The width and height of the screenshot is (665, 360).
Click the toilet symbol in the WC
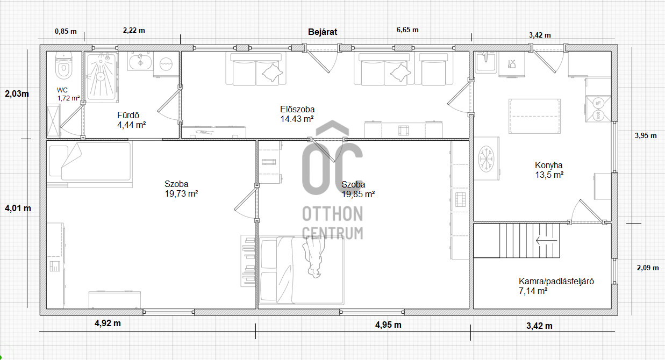point(63,66)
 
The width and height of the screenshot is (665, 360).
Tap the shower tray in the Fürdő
point(101,77)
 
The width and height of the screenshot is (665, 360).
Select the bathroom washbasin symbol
point(140,61)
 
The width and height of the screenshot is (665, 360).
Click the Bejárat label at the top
point(323,32)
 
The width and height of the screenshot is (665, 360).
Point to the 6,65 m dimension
point(407,30)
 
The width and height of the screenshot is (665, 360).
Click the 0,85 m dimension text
point(66,31)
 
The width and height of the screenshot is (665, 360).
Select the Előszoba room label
point(297,109)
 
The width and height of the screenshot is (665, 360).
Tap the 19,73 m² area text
point(181,194)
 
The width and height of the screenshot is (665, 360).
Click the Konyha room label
point(549,165)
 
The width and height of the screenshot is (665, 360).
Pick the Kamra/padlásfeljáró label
point(556,281)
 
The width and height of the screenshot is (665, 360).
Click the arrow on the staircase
point(546,240)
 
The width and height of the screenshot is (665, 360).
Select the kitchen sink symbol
point(485,62)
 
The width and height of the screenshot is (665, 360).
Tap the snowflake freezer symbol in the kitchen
point(486,159)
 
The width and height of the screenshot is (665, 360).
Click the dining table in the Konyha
point(534,116)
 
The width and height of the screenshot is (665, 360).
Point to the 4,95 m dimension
point(388,325)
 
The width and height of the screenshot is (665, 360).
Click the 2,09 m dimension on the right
point(647,268)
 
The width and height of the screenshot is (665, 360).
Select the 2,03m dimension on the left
point(17,94)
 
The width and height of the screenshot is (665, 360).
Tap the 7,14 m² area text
point(533,291)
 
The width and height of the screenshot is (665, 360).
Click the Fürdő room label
point(128,115)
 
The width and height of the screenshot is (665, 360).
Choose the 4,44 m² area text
point(131,125)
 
